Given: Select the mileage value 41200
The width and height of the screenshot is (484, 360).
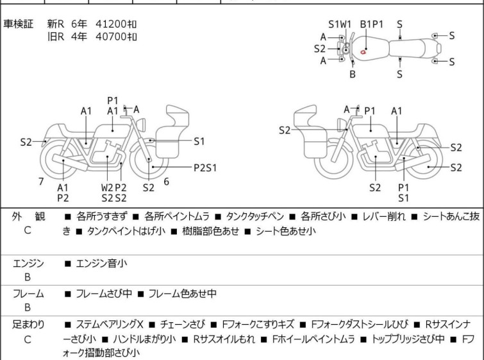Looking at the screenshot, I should click(x=112, y=24).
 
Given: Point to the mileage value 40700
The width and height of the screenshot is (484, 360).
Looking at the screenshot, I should click(x=112, y=36).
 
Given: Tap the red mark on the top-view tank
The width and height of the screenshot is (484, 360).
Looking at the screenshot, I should click(x=364, y=51).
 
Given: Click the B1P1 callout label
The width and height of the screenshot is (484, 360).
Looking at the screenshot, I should click(x=371, y=24).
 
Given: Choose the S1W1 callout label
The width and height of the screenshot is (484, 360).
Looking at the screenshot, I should click(x=340, y=24).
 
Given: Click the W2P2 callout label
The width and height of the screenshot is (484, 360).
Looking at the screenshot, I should click(x=113, y=187).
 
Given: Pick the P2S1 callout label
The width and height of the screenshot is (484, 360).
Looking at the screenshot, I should click(x=205, y=167).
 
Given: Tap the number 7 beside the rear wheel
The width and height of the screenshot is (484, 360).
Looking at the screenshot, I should click(x=41, y=182).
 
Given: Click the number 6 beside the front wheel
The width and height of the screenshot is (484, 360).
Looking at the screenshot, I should click(x=166, y=182).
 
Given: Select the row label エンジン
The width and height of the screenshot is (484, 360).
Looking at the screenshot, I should click(x=28, y=263).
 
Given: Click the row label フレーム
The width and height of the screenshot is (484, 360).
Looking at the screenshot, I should click(x=28, y=294).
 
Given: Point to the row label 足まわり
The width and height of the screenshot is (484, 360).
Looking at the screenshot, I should click(x=28, y=325).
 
